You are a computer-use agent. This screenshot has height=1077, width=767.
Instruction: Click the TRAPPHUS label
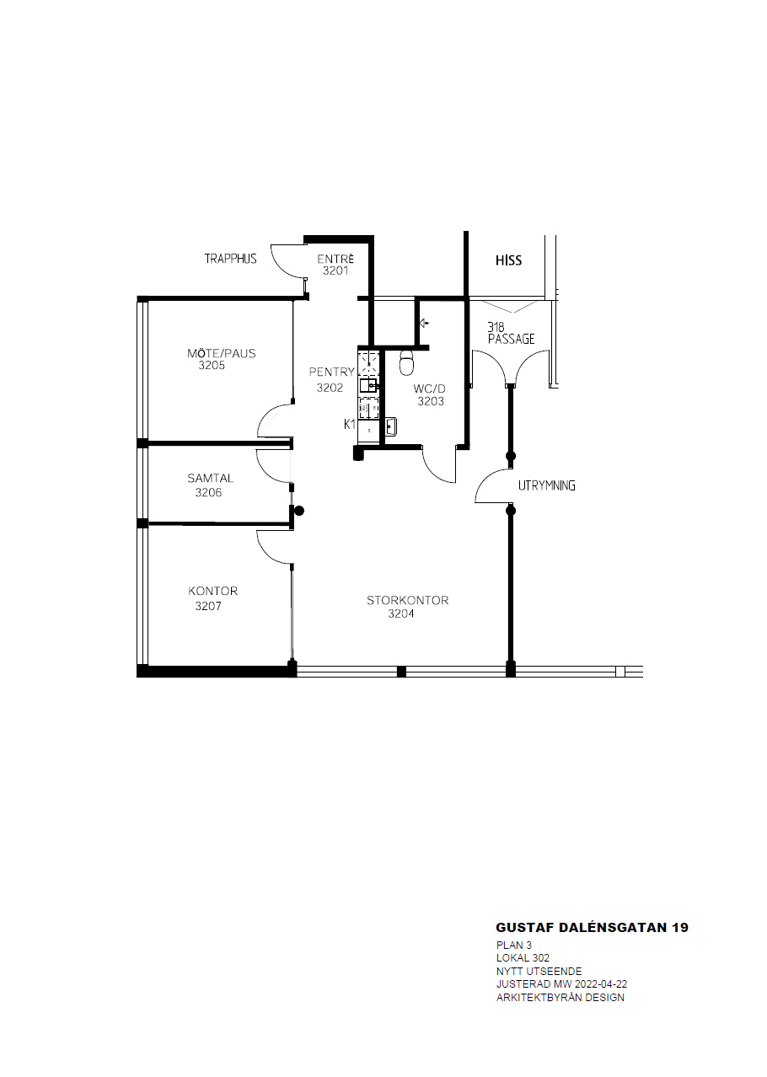[230, 259]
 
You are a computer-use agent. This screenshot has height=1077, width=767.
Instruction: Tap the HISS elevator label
[508, 260]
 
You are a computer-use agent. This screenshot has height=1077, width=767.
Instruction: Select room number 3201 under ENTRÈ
[335, 271]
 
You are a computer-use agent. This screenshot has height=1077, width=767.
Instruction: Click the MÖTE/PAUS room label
[221, 353]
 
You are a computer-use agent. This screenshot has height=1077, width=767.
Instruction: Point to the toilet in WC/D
[407, 362]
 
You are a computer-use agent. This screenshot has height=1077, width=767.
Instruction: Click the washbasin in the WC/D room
[390, 426]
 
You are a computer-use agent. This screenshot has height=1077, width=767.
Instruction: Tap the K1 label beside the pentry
[350, 424]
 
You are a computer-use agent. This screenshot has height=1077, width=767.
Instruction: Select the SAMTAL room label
[210, 478]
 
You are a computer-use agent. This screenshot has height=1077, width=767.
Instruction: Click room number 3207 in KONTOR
[208, 606]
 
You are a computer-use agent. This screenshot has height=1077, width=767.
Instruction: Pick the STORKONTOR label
[407, 600]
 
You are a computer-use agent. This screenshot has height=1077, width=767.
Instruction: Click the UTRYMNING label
[547, 485]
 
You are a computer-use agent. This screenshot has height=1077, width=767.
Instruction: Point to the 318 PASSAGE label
[511, 333]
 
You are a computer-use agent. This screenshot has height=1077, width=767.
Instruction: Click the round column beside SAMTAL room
[299, 511]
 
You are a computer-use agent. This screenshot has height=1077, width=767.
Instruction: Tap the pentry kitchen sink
[368, 384]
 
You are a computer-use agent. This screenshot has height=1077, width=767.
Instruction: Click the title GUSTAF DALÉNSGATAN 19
[592, 928]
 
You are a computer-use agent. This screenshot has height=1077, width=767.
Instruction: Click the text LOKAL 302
[523, 958]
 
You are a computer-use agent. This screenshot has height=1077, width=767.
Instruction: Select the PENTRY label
[332, 372]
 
